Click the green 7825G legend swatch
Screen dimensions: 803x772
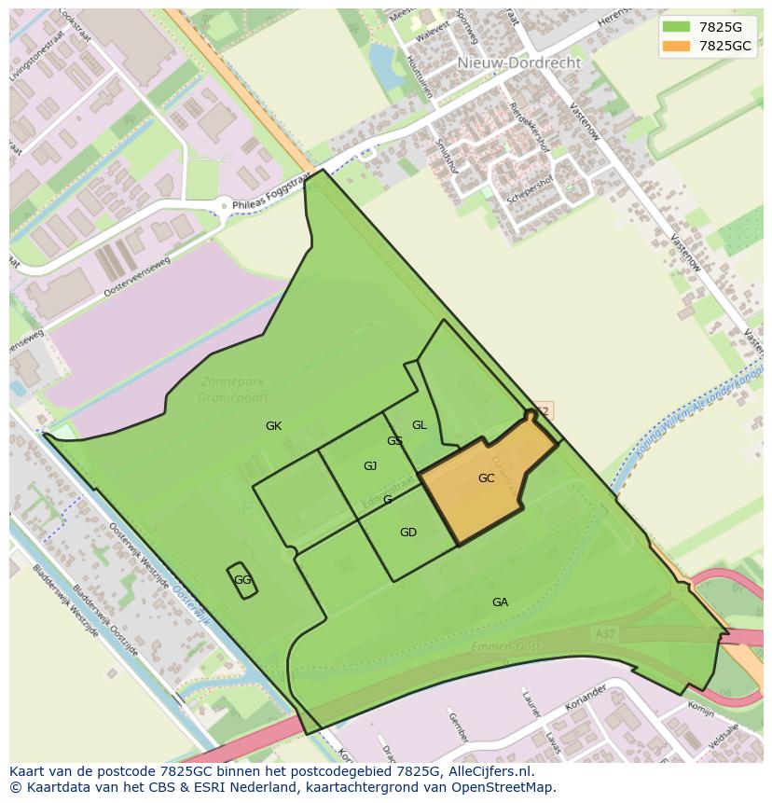677,27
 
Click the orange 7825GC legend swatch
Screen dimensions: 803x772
677,46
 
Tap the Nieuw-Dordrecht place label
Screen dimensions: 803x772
518,62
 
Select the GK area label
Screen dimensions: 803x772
273,426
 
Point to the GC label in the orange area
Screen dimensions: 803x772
486,478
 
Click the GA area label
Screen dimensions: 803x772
500,602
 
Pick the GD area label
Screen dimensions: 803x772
407,533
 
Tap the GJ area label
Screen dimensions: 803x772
370,466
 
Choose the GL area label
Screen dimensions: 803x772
420,425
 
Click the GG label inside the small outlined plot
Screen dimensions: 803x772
242,580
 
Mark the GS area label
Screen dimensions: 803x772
394,441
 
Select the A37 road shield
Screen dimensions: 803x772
604,634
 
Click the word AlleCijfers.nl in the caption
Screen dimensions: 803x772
501,771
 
